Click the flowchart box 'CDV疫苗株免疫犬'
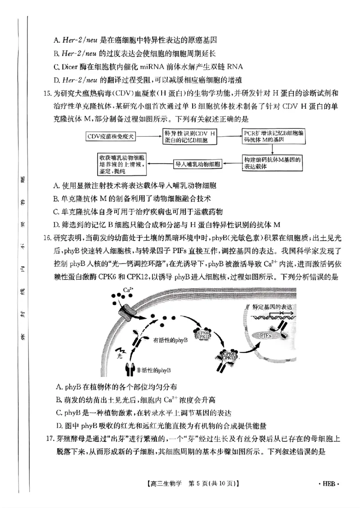pos(111,136)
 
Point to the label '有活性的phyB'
pos(171,339)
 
